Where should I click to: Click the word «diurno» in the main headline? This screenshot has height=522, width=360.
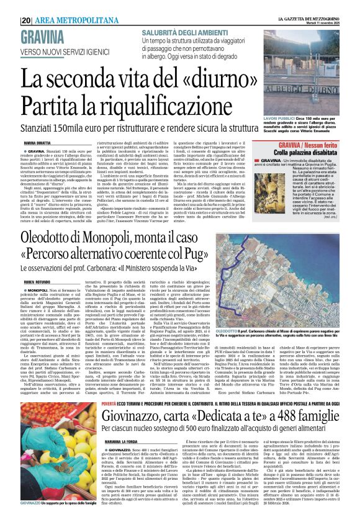point(221,80)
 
